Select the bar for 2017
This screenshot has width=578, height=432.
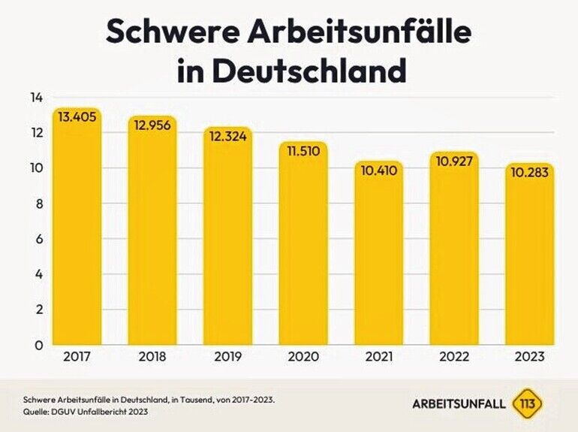(77, 225)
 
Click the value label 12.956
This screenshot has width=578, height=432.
(152, 125)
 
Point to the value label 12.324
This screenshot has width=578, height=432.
(228, 137)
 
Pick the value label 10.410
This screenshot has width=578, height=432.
(379, 171)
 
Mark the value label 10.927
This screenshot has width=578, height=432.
(454, 161)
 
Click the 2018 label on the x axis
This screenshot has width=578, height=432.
(152, 358)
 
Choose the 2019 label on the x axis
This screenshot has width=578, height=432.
(228, 358)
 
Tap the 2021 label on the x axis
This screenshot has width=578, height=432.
(379, 358)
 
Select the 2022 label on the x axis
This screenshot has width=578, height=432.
(454, 358)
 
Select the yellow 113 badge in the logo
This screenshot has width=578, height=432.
(527, 404)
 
